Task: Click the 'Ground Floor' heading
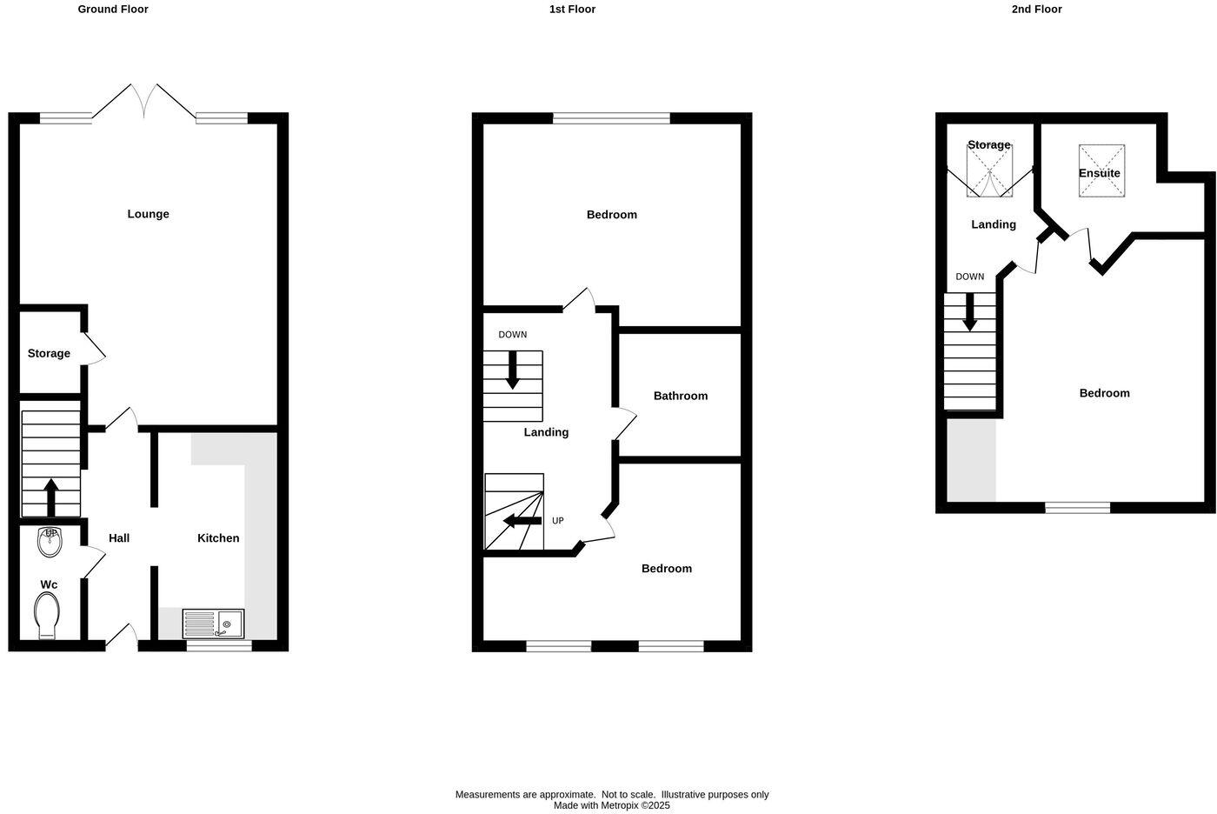[113, 10]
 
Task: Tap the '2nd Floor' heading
[1036, 10]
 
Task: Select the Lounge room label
[148, 214]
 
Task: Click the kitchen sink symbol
[214, 624]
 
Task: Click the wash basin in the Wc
[50, 542]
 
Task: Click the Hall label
[119, 538]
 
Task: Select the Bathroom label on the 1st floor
[681, 396]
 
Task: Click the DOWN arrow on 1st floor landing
[513, 370]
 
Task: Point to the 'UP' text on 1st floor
[558, 521]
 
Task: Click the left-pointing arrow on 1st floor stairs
[522, 521]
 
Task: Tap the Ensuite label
[1100, 173]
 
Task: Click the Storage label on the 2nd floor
[989, 145]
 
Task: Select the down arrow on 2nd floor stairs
[969, 312]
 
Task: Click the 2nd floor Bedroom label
[1104, 393]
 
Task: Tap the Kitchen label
[218, 538]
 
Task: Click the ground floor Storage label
[49, 353]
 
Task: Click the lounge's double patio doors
[143, 103]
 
